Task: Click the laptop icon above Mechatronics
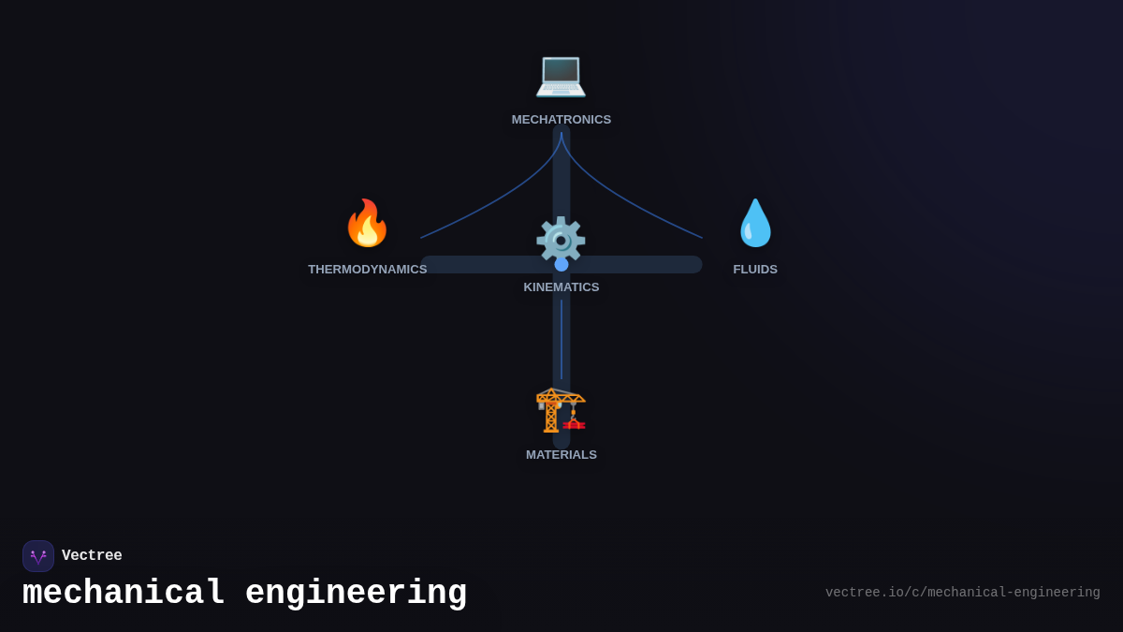click(561, 74)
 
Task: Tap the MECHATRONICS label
click(561, 120)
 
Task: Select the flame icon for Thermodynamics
click(367, 223)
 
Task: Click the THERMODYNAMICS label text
click(367, 270)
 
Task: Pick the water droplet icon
click(755, 223)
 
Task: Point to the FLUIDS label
click(755, 270)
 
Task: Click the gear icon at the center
click(561, 239)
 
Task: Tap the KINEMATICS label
click(561, 287)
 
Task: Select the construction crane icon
click(561, 410)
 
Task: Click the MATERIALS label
click(561, 455)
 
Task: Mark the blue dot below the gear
click(561, 264)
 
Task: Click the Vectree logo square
click(38, 556)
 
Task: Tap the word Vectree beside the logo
click(92, 556)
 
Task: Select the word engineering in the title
click(356, 594)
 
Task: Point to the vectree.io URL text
click(962, 593)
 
